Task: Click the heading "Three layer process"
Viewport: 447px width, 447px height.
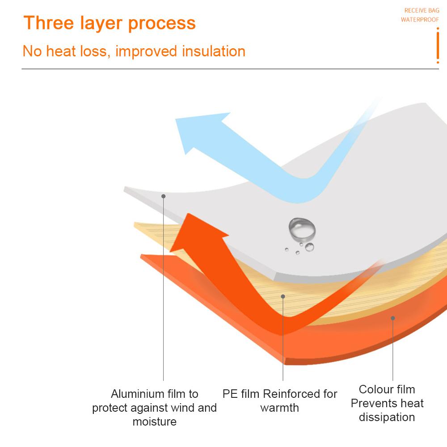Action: pyautogui.click(x=110, y=23)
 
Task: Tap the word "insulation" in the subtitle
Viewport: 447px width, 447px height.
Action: pyautogui.click(x=214, y=51)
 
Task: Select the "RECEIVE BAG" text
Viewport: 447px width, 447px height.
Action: pyautogui.click(x=422, y=10)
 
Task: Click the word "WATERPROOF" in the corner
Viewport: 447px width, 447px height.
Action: pyautogui.click(x=420, y=20)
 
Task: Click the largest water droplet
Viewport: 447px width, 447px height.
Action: pyautogui.click(x=302, y=229)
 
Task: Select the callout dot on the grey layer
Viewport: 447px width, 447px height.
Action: pyautogui.click(x=164, y=196)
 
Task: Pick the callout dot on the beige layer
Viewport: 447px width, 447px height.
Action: pyautogui.click(x=283, y=296)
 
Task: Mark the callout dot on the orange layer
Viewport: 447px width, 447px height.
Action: pyautogui.click(x=393, y=318)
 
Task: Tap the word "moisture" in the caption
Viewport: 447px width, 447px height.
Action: pyautogui.click(x=155, y=422)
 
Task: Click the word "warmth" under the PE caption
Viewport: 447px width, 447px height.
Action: pyautogui.click(x=280, y=408)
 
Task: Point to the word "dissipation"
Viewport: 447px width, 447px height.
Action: pyautogui.click(x=387, y=417)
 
